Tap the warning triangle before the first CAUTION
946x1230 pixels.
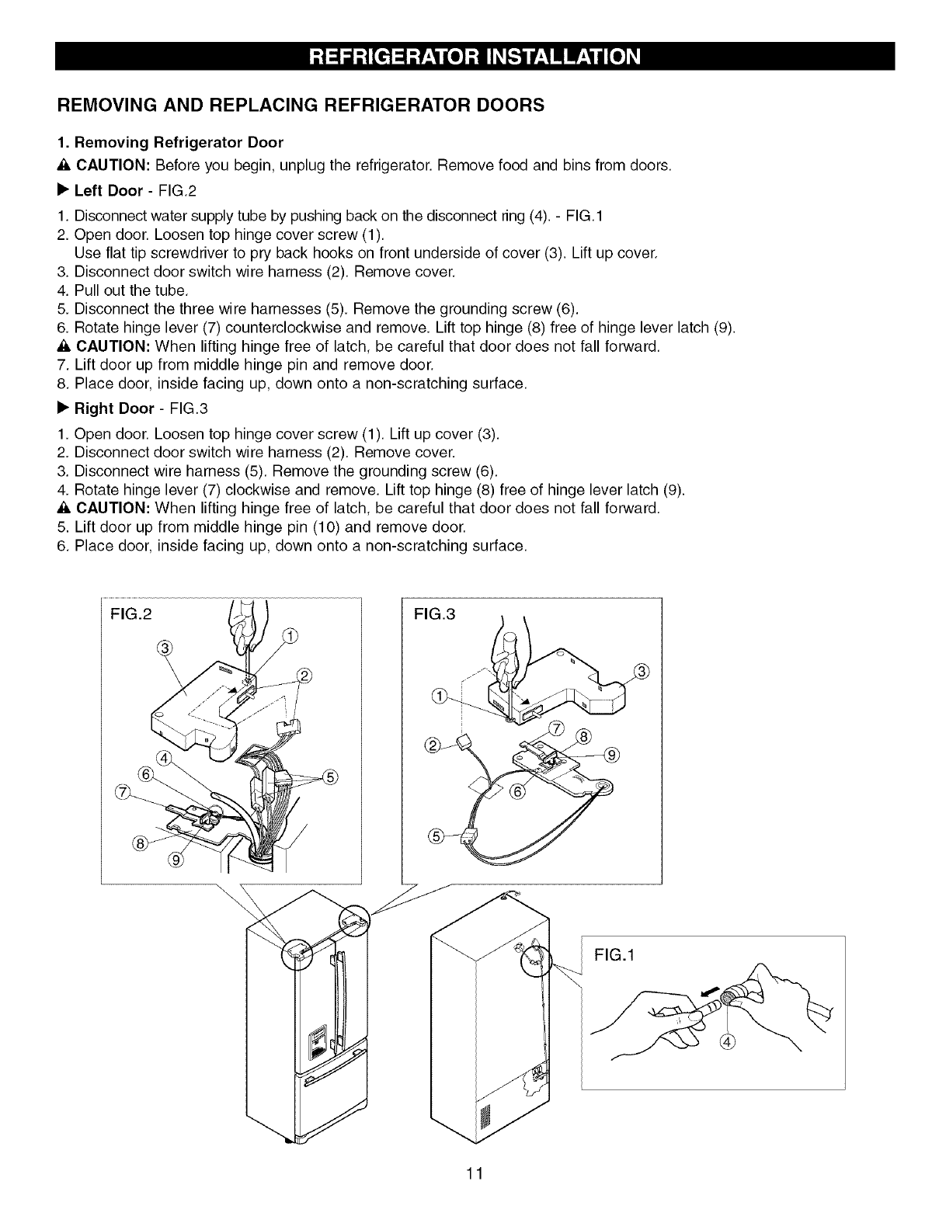pyautogui.click(x=64, y=166)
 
